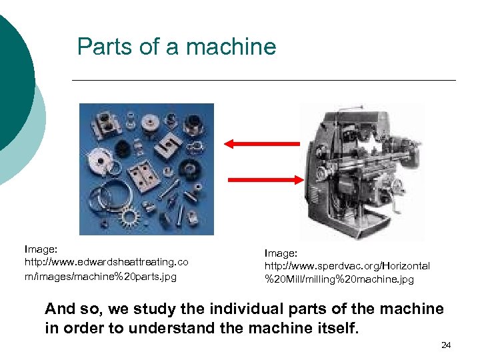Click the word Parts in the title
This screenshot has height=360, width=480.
pyautogui.click(x=105, y=46)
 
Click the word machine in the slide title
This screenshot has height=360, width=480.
pyautogui.click(x=231, y=46)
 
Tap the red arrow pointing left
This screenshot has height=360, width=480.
pyautogui.click(x=262, y=143)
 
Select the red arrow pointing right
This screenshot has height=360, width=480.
pyautogui.click(x=266, y=180)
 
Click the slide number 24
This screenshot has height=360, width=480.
pyautogui.click(x=446, y=345)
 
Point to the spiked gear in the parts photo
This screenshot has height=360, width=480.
pyautogui.click(x=129, y=217)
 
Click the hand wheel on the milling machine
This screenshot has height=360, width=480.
pyautogui.click(x=398, y=186)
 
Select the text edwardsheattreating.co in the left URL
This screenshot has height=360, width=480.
pyautogui.click(x=133, y=263)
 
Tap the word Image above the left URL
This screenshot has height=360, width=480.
pyautogui.click(x=40, y=249)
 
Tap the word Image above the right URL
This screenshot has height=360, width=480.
pyautogui.click(x=280, y=253)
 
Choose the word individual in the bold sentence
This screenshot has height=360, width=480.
pyautogui.click(x=247, y=309)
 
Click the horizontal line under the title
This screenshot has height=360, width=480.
pyautogui.click(x=264, y=80)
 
